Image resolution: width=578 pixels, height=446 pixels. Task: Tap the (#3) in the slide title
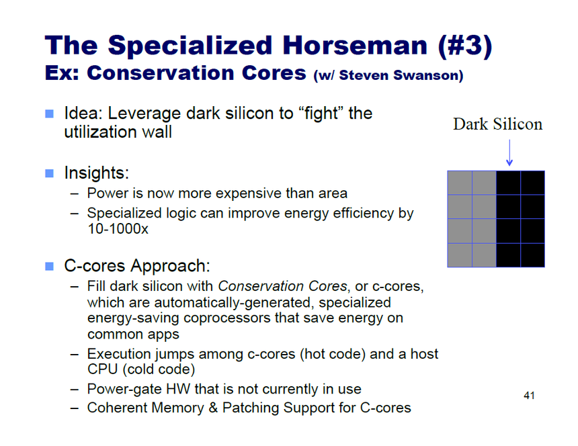[x=465, y=46]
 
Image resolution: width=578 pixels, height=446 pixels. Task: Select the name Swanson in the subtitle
[x=428, y=75]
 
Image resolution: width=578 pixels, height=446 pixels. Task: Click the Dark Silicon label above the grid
[x=497, y=124]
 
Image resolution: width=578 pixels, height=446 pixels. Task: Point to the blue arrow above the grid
[x=509, y=152]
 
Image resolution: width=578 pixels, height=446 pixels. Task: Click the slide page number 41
[x=529, y=396]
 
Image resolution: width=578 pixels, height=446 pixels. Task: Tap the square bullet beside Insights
[x=49, y=173]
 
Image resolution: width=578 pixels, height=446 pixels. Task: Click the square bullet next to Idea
[x=49, y=114]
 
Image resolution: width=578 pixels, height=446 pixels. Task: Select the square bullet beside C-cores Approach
[x=49, y=266]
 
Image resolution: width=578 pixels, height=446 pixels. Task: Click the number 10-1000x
[x=118, y=229]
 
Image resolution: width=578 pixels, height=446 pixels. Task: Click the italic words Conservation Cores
[x=283, y=286]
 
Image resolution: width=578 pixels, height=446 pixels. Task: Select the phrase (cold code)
[x=159, y=369]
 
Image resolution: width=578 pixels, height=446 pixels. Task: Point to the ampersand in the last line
[x=213, y=408]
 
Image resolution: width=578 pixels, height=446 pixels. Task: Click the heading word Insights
[x=97, y=173]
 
